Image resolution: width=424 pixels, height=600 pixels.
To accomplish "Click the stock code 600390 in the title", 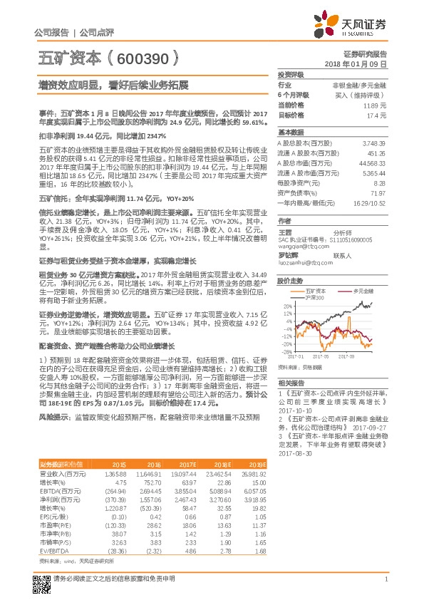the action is (151, 61).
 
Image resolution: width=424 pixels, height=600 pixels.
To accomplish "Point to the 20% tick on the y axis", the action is (285, 306).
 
